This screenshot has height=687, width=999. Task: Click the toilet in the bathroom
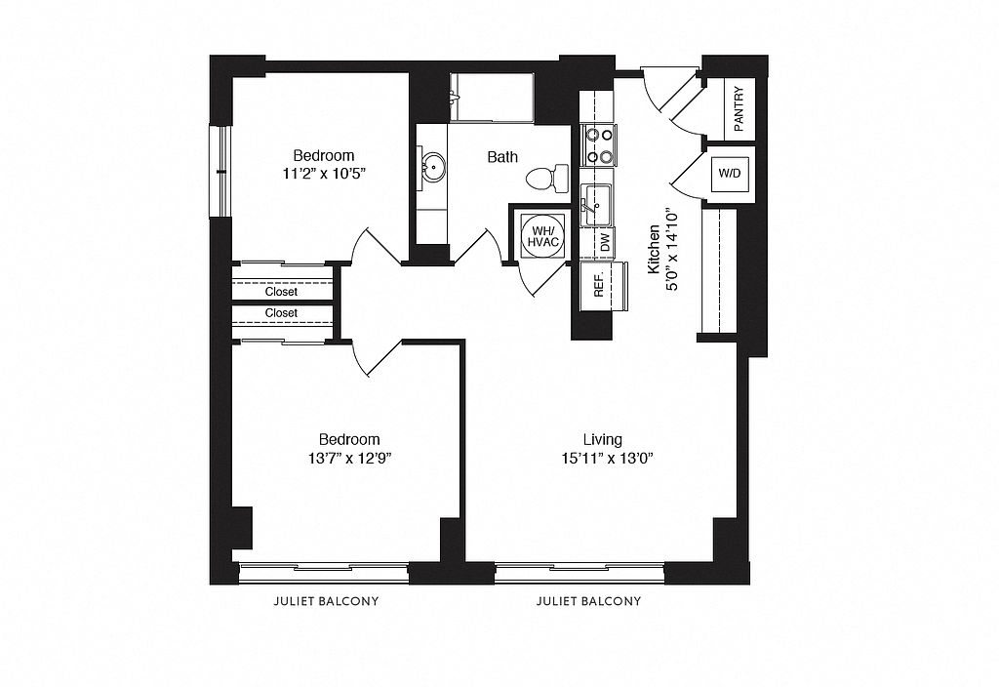tap(547, 178)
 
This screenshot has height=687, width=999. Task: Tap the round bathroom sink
tap(432, 168)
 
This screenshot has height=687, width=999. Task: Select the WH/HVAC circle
tap(542, 236)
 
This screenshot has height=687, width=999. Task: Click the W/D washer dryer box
tap(730, 174)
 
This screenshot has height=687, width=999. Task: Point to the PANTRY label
tap(739, 109)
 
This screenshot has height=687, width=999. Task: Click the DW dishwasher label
tap(605, 242)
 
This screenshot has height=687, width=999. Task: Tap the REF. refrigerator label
tap(598, 286)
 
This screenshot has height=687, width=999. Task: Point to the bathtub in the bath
tap(492, 97)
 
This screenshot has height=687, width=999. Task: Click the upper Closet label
tap(281, 291)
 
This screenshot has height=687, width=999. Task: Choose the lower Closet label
tap(281, 313)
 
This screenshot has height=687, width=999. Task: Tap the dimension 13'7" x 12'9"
tap(349, 458)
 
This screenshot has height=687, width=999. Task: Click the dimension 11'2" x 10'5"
tap(323, 173)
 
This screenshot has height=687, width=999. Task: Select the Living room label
tap(603, 439)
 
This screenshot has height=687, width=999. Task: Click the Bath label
tap(502, 157)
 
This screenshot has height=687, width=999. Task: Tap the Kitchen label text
tap(654, 249)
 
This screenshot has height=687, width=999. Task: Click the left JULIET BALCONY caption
tap(326, 601)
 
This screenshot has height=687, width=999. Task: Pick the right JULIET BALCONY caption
tap(588, 601)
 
